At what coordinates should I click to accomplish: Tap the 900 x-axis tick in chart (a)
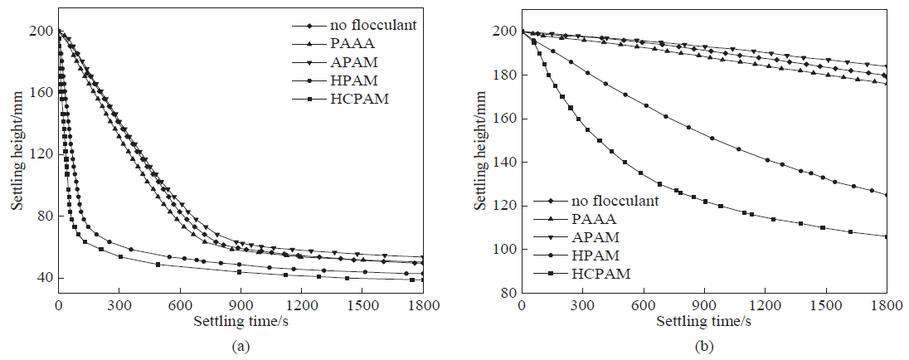click(241, 304)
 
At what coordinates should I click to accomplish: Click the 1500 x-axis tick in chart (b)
click(826, 304)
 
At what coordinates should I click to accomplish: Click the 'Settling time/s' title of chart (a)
click(239, 320)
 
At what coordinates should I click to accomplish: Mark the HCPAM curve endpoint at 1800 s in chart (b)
click(887, 236)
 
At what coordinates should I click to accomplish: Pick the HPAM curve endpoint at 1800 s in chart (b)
click(887, 195)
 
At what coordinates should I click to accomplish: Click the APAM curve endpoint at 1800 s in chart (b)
click(887, 66)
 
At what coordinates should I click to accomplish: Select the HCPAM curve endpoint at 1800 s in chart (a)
click(423, 280)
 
